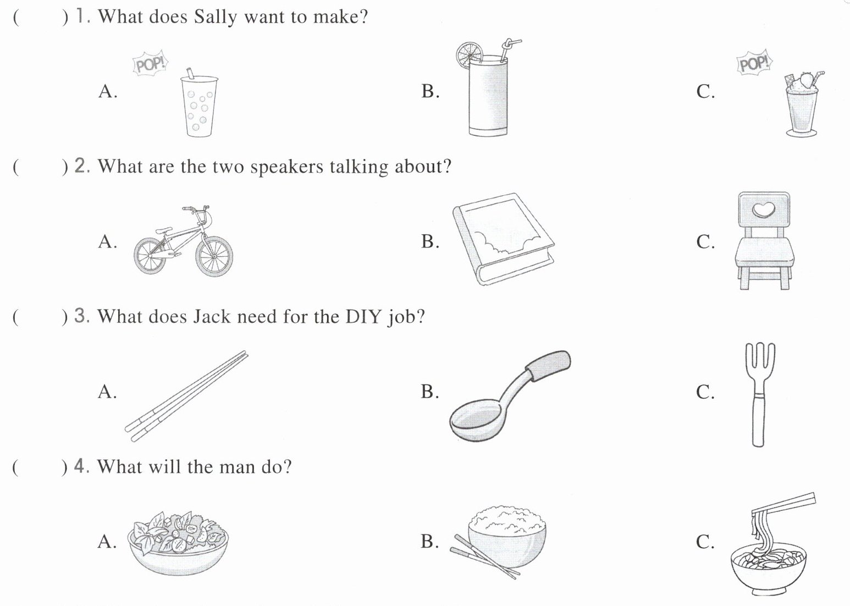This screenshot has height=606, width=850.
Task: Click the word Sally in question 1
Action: pyautogui.click(x=215, y=17)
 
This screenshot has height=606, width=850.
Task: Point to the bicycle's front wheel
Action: pyautogui.click(x=214, y=256)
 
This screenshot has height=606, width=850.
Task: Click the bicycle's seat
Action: pyautogui.click(x=163, y=230)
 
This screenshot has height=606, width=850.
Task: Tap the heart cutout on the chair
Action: pyautogui.click(x=764, y=210)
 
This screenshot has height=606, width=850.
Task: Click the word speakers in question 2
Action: pyautogui.click(x=286, y=167)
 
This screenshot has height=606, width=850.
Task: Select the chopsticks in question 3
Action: pyautogui.click(x=186, y=396)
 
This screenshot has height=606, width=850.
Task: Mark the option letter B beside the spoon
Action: pyautogui.click(x=429, y=392)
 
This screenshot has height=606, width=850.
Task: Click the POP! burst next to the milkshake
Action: pyautogui.click(x=755, y=63)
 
